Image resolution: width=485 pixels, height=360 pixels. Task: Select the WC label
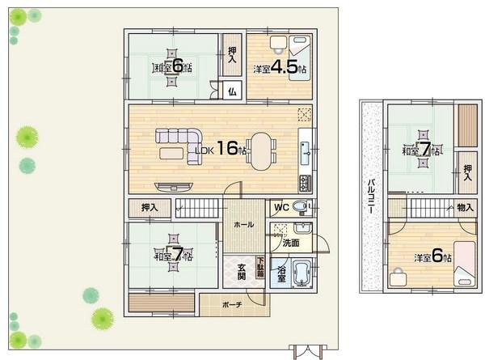pos(280,206)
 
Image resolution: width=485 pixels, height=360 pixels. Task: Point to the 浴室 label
pos(280,273)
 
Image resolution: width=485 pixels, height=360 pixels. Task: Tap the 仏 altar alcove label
pos(231,91)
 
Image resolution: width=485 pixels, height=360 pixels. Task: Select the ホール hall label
pos(242,224)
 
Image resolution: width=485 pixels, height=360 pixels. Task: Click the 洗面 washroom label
pos(291,243)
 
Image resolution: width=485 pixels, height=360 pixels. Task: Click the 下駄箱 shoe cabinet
pos(260,269)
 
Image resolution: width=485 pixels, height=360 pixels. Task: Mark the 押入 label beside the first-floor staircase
pos(150,208)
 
